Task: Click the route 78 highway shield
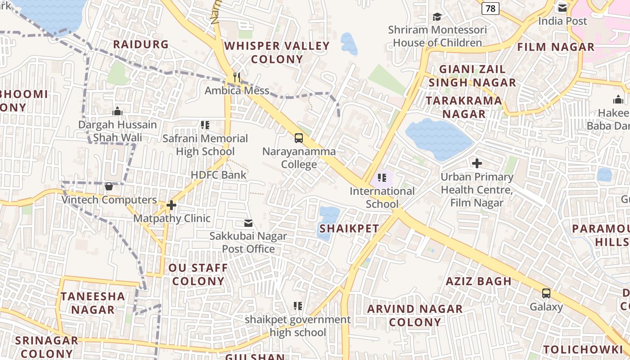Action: [490, 8]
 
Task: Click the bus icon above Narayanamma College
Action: [299, 138]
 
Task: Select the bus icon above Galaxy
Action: [546, 293]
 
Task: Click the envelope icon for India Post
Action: [562, 8]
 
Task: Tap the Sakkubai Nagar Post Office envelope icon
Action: [248, 223]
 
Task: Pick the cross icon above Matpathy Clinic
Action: [171, 205]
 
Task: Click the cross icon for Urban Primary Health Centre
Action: [477, 163]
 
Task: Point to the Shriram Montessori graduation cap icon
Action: [437, 17]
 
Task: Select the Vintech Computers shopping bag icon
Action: [108, 186]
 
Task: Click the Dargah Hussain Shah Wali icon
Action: [117, 111]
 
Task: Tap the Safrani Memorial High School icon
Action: [205, 125]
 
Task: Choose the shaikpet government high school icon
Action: [297, 306]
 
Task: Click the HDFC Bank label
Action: [219, 175]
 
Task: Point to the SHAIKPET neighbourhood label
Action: [349, 229]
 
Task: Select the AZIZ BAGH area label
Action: [478, 281]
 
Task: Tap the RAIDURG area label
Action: [141, 44]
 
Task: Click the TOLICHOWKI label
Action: [583, 350]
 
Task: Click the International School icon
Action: [382, 178]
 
